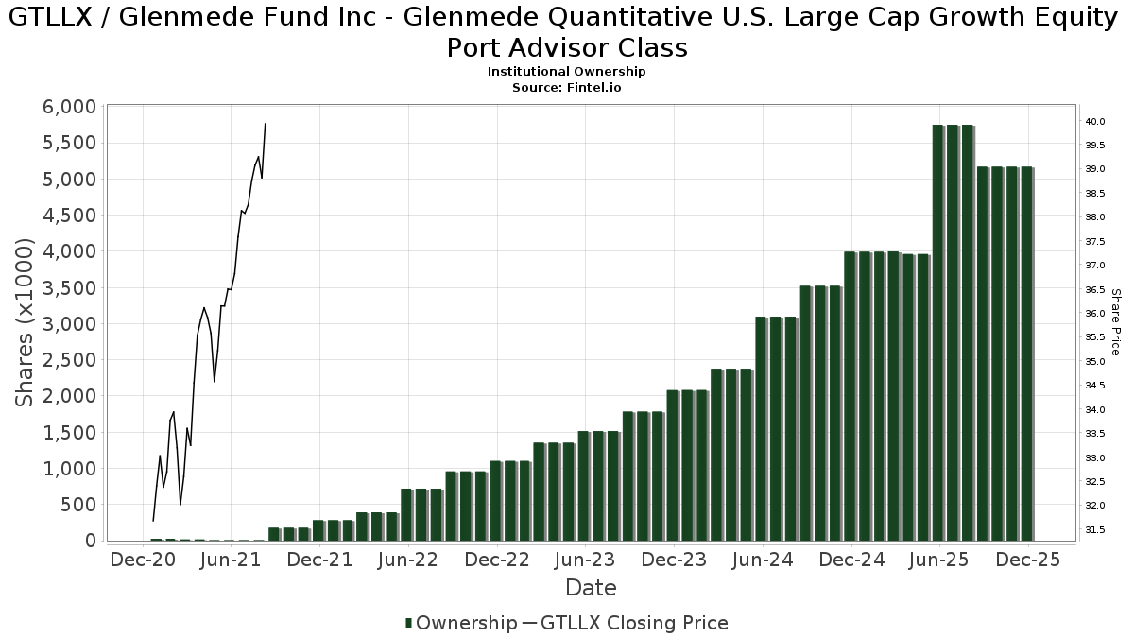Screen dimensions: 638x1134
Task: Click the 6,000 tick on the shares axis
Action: click(x=69, y=107)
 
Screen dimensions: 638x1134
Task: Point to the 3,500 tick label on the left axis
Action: click(x=69, y=287)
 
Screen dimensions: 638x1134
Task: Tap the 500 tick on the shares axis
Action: click(x=77, y=505)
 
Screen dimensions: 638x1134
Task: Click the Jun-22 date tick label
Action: click(x=407, y=560)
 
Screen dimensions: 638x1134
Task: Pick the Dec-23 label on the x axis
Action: click(x=674, y=560)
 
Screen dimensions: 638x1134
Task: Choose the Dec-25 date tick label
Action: click(x=1029, y=560)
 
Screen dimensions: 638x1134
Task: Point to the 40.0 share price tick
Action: click(x=1096, y=122)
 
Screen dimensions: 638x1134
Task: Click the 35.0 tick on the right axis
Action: click(x=1096, y=362)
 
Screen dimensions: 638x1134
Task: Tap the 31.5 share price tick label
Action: click(x=1096, y=529)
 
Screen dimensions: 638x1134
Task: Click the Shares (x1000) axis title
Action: click(x=26, y=322)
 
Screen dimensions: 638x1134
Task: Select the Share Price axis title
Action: click(x=1115, y=322)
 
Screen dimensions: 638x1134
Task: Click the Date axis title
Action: click(x=591, y=588)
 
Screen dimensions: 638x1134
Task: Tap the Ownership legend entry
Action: click(x=460, y=623)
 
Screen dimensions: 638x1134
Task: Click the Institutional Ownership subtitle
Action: click(x=567, y=72)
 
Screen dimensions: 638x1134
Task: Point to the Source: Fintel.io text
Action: click(x=567, y=87)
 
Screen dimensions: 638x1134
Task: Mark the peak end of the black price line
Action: click(x=266, y=124)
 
